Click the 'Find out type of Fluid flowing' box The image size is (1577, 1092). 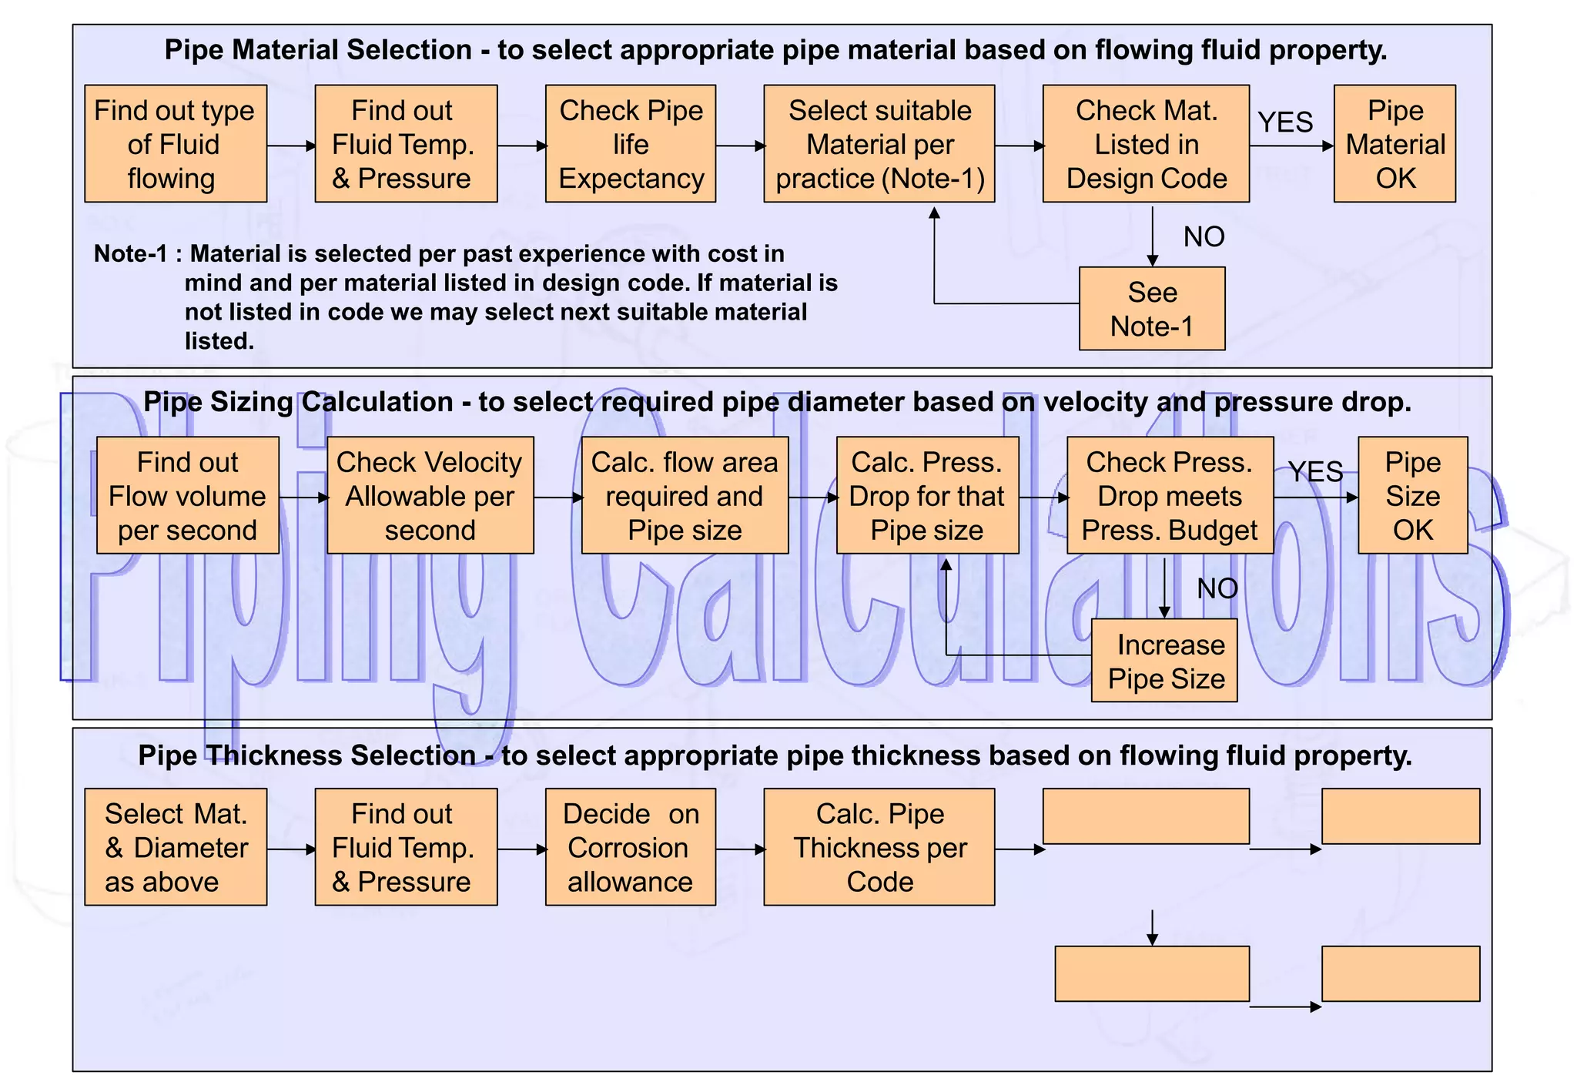(x=176, y=144)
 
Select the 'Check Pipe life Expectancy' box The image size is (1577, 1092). (x=630, y=144)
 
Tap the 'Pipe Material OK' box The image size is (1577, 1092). (x=1395, y=144)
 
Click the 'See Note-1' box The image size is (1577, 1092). (x=1151, y=309)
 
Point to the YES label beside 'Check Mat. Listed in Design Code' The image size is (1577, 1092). (x=1284, y=122)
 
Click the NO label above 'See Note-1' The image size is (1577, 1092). (x=1204, y=237)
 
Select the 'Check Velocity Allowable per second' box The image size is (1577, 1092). (x=430, y=496)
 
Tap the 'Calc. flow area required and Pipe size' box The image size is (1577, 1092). (x=685, y=496)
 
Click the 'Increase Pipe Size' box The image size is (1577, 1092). (x=1164, y=661)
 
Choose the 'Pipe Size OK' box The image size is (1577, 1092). (x=1412, y=496)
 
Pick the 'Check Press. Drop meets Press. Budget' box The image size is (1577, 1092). (x=1169, y=496)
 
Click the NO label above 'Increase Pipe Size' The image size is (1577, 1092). (x=1217, y=589)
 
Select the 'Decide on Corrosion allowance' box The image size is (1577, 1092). (x=630, y=847)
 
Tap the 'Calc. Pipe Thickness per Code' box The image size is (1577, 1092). (x=879, y=847)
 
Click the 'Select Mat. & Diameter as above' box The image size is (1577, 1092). (x=176, y=847)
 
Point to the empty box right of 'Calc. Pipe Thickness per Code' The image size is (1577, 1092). (x=1145, y=816)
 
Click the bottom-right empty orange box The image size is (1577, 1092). (x=1400, y=973)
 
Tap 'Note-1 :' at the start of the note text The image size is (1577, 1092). (x=138, y=254)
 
